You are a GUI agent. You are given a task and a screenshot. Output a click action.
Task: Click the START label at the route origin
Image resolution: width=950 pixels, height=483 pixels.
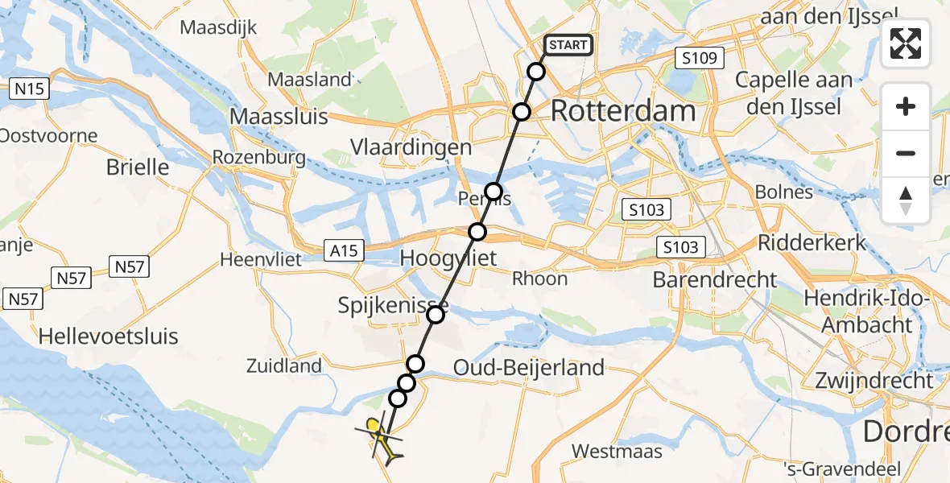tap(568, 45)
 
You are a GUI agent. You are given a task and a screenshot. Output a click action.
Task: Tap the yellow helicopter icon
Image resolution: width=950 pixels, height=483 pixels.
tap(382, 439)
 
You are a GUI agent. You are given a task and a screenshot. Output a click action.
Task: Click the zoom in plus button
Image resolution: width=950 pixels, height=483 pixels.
tap(906, 106)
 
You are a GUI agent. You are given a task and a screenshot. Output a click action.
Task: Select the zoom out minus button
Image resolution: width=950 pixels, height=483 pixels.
tap(906, 153)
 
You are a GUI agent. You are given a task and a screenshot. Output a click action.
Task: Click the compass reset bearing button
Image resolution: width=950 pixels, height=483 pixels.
tap(906, 200)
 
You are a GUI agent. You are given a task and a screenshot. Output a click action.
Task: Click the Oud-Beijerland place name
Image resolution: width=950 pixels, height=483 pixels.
tap(528, 368)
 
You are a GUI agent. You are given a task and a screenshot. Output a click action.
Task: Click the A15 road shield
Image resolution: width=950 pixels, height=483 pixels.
tap(345, 251)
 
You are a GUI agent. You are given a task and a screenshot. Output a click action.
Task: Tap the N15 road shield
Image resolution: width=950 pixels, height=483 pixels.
tap(31, 89)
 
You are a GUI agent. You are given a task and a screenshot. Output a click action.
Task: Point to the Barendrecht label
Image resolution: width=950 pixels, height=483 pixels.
tap(715, 280)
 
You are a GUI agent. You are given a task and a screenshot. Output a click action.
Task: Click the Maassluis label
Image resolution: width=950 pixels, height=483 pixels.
tap(279, 117)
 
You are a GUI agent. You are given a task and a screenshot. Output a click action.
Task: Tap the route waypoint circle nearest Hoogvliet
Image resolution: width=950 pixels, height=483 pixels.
tap(477, 232)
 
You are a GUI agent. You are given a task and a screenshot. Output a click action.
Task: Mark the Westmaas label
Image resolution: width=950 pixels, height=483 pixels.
tap(617, 451)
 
